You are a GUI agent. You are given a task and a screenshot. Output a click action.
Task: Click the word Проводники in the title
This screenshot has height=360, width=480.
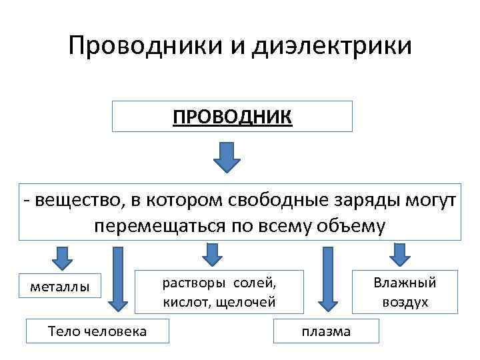tap(139, 46)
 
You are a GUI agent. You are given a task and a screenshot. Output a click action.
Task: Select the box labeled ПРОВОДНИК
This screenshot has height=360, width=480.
tap(231, 116)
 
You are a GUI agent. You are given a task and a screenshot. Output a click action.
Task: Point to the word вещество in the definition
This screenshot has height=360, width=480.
tap(66, 199)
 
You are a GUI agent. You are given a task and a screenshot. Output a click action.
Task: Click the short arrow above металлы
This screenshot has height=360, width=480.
tap(62, 257)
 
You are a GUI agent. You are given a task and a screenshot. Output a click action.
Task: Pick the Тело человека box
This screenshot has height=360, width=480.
tap(97, 331)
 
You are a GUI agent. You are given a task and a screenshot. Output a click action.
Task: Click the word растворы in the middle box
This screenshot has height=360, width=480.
tap(190, 283)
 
